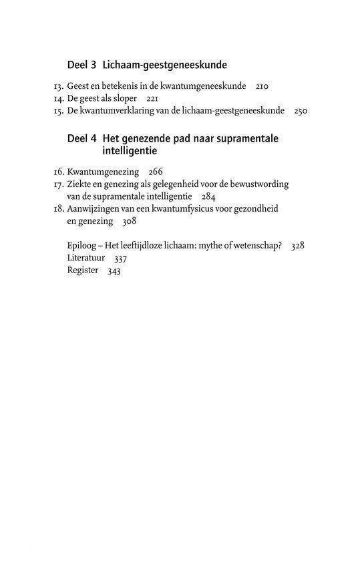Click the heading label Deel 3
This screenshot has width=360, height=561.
click(82, 65)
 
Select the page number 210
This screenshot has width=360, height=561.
click(262, 86)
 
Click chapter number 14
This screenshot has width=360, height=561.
click(57, 98)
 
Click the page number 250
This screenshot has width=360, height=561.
click(299, 111)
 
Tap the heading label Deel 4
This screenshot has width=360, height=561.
click(82, 139)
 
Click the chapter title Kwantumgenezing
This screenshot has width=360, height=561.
click(100, 172)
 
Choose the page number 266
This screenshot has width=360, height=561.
click(156, 172)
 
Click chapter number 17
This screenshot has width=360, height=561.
click(57, 184)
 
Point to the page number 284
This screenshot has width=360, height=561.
click(208, 197)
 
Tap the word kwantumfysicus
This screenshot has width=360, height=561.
click(197, 209)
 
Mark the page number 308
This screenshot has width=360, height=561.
click(129, 222)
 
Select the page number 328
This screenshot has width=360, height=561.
click(297, 246)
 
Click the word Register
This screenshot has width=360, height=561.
click(83, 270)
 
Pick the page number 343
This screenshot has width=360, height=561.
click(114, 270)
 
